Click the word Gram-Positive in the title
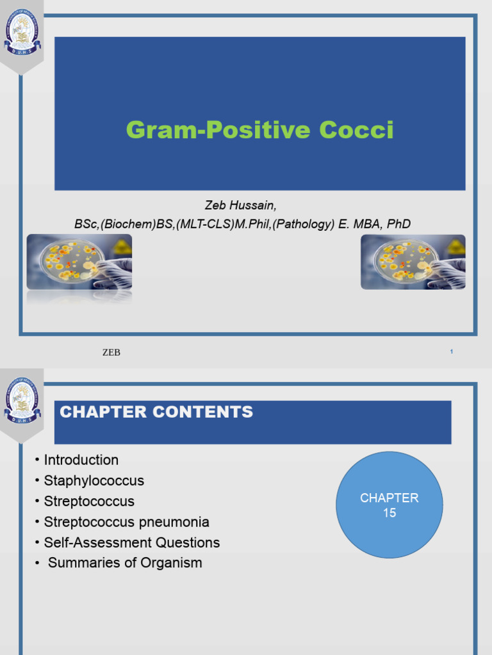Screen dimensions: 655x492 coord(210,130)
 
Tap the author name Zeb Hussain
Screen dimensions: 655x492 coord(241,205)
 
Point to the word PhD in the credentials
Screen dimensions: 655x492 coord(398,224)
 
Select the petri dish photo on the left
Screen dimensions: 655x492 coord(79,262)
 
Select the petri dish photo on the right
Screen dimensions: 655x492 coord(413,262)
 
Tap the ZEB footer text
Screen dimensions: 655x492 coord(111,352)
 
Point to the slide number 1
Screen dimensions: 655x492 coord(452,352)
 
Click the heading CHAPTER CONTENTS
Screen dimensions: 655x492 coord(156,413)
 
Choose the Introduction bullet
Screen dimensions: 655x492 coord(81,460)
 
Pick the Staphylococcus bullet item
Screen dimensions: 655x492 coord(94,480)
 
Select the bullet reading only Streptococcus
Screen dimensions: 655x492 coord(89,501)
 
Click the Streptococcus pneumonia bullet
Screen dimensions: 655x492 coord(126,522)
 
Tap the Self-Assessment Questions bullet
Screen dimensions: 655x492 coord(131,542)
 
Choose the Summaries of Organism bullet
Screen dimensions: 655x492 coord(125,563)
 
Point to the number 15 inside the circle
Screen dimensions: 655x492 coord(389,513)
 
